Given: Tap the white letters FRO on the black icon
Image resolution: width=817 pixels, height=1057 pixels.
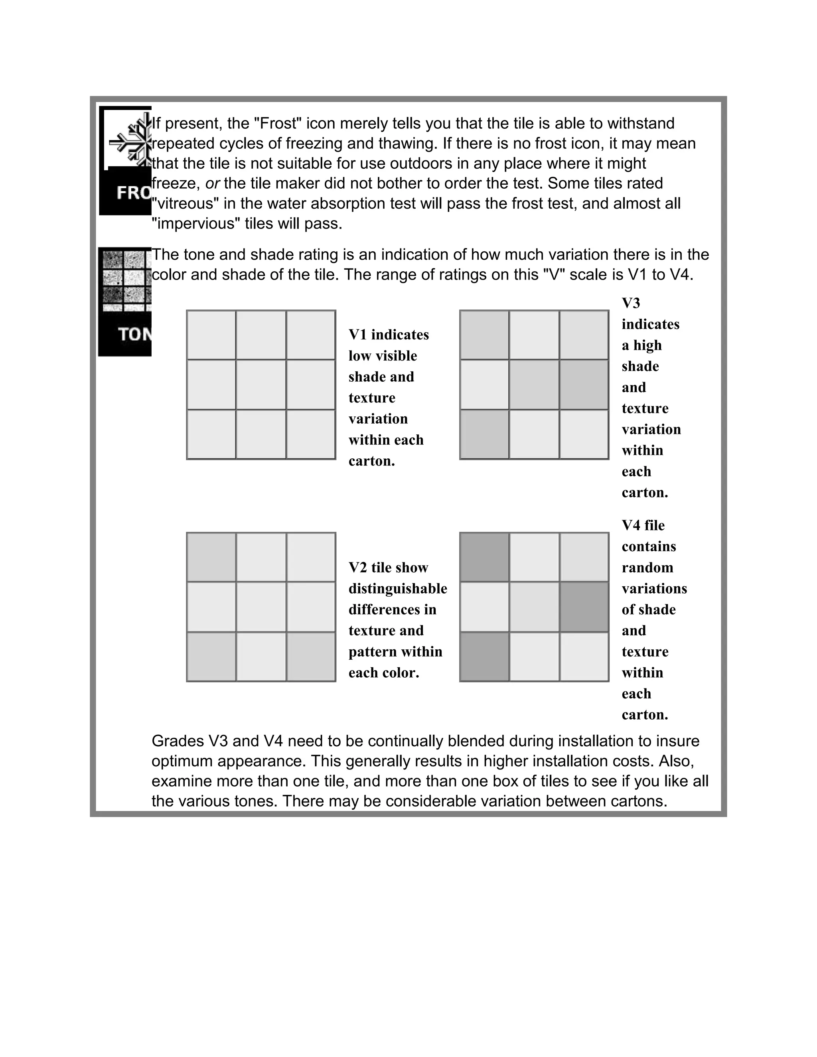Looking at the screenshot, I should tap(134, 193).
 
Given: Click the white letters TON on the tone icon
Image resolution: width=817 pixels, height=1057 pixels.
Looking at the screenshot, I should tap(134, 334).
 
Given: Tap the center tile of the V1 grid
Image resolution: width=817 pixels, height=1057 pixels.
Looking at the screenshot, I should tap(261, 385).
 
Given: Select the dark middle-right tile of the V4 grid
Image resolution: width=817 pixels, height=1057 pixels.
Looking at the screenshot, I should tap(584, 607).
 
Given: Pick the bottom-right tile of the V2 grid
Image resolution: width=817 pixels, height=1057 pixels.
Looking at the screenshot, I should tap(311, 657).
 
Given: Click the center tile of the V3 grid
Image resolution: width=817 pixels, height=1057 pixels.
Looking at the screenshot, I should tap(534, 385).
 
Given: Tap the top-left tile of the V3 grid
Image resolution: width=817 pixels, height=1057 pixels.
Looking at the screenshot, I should tap(484, 334).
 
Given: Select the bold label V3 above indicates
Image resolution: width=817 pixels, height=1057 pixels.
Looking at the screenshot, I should tap(631, 304).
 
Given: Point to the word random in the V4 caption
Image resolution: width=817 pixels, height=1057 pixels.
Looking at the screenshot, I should tap(647, 568).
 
